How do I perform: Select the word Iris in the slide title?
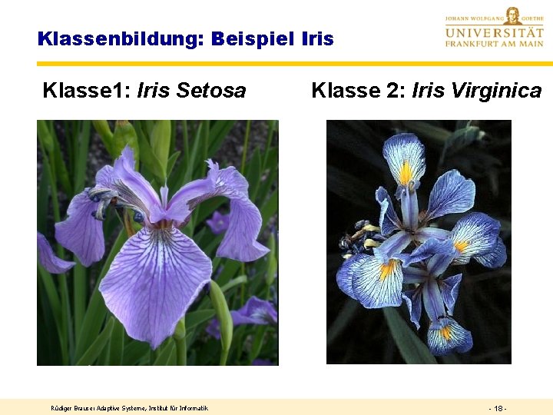click(x=318, y=38)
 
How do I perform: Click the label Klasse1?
click(x=87, y=91)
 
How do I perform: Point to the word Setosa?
click(x=210, y=91)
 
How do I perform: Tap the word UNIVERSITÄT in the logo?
click(x=494, y=32)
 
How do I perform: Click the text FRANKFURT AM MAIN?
click(x=494, y=44)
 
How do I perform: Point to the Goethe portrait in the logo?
click(x=512, y=15)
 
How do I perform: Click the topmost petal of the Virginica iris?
click(x=405, y=158)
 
